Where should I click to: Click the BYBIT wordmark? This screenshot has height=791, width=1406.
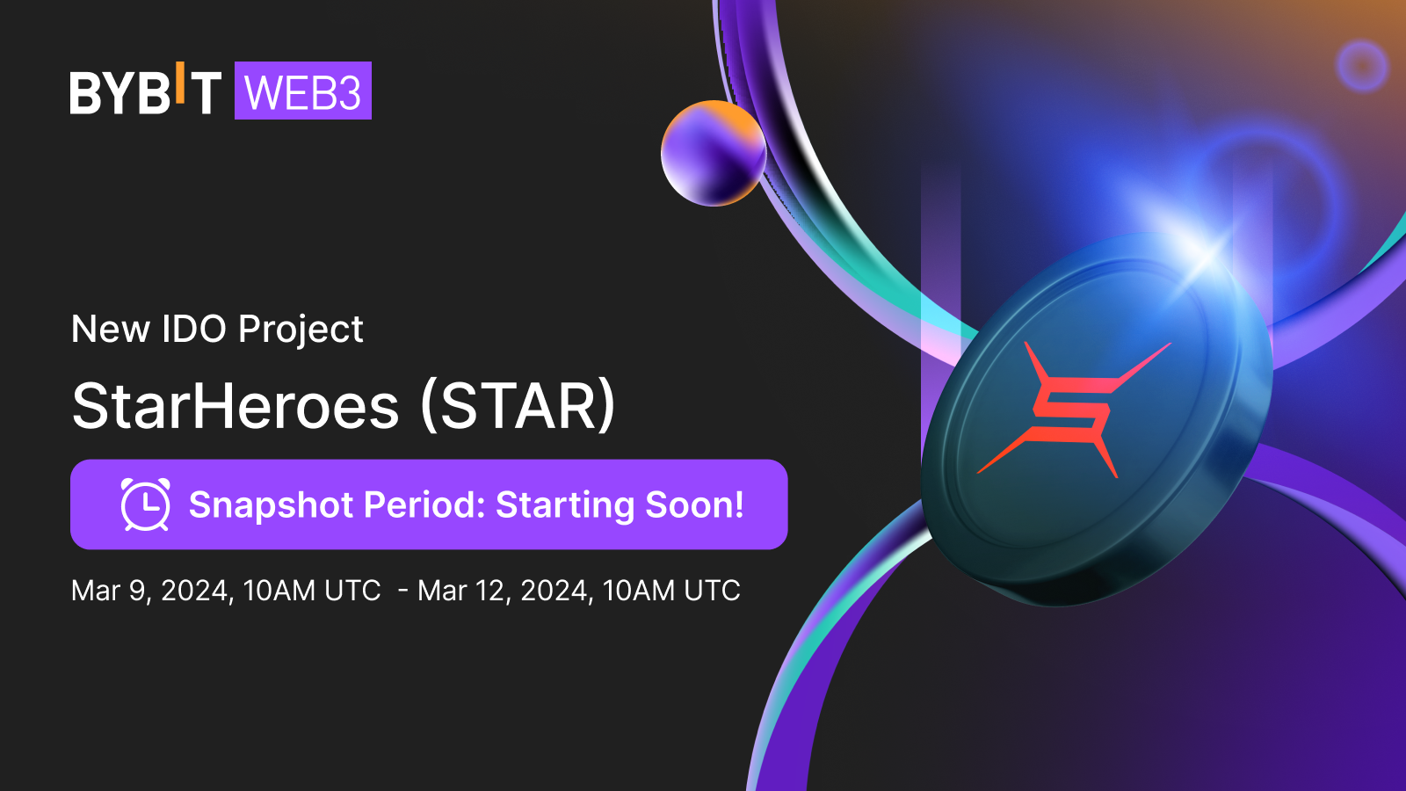(145, 91)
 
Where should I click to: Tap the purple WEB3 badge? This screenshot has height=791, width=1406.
(302, 91)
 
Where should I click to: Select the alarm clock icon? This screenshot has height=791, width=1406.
(145, 504)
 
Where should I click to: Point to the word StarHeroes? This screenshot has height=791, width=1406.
(236, 406)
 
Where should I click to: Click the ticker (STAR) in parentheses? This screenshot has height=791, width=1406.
(518, 406)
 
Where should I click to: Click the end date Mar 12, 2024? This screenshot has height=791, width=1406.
(504, 591)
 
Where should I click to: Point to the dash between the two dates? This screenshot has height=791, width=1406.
(403, 591)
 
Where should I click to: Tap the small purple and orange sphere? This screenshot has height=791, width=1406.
(713, 153)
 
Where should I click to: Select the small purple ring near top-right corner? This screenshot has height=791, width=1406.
(1361, 65)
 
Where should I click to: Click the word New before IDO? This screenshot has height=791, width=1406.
(110, 329)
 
